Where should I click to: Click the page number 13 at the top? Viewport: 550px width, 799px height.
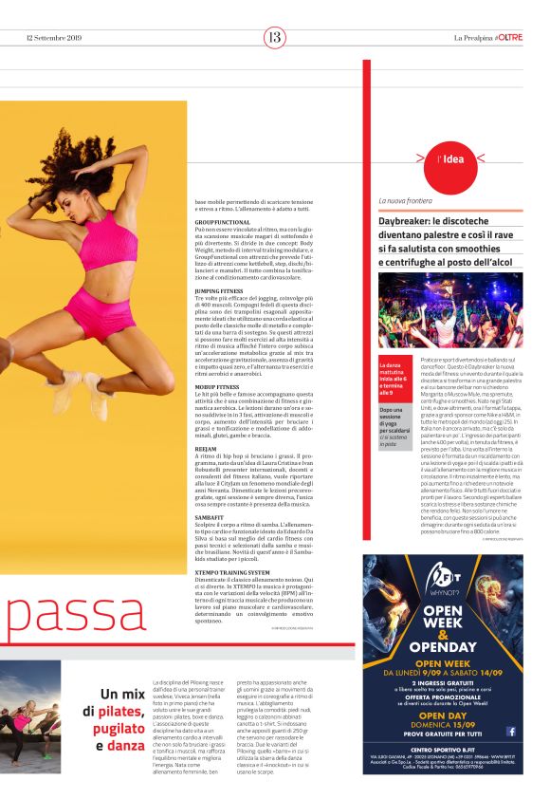pyautogui.click(x=274, y=38)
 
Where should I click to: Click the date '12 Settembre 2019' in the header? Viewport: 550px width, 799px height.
pyautogui.click(x=55, y=38)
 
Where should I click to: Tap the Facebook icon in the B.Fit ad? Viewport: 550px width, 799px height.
pyautogui.click(x=510, y=732)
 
